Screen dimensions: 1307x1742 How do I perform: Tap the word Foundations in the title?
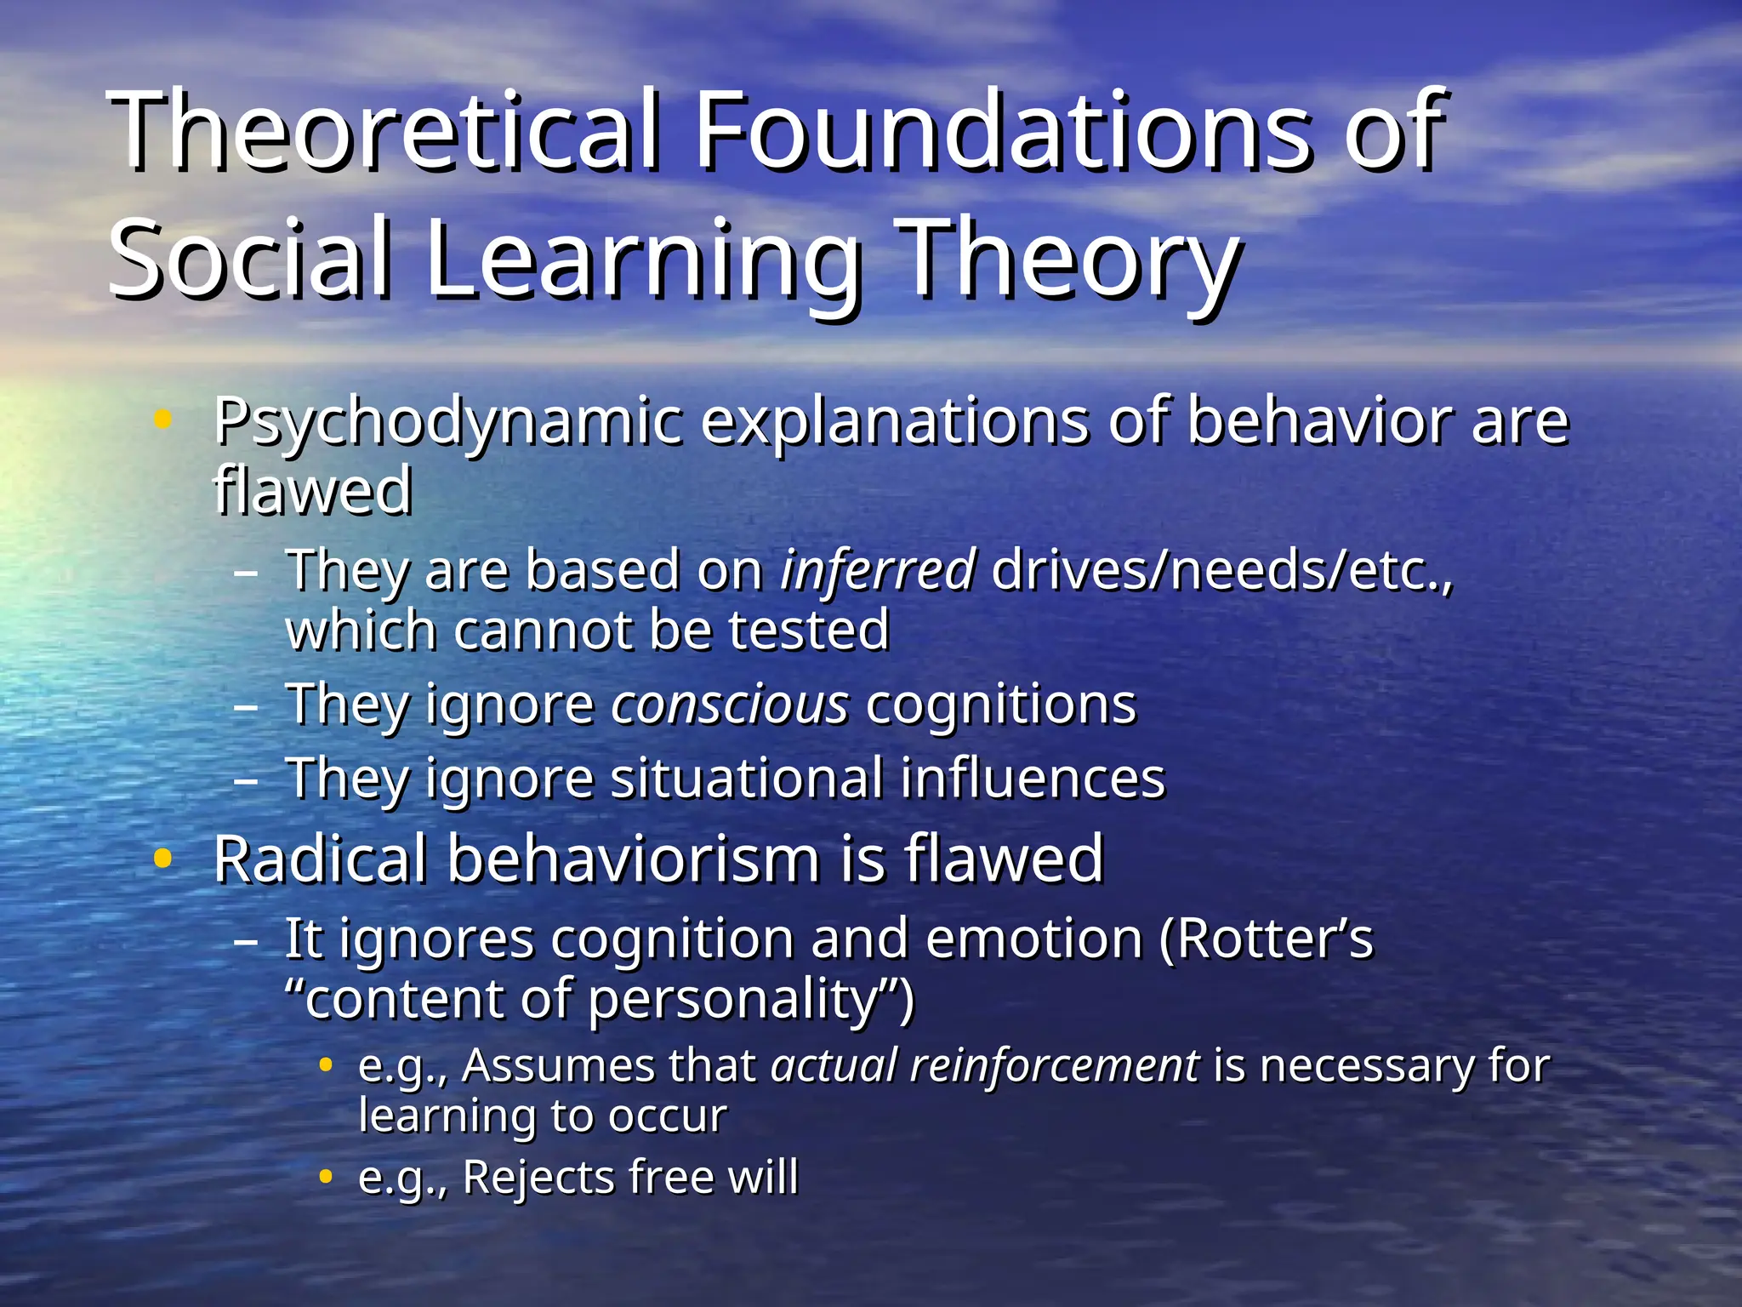coord(1004,129)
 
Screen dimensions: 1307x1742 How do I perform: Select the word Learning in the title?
coord(643,260)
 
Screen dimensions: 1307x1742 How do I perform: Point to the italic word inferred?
coord(877,569)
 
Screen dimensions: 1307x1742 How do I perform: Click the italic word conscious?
coord(730,705)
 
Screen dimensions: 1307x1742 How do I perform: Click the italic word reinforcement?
coord(1054,1065)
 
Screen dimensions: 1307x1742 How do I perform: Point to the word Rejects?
coord(539,1178)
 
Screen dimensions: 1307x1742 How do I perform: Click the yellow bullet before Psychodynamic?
coord(162,419)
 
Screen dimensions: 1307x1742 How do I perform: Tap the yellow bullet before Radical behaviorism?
coord(162,859)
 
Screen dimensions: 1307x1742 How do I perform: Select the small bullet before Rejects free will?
coord(325,1177)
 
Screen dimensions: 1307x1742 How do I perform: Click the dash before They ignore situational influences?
coord(245,779)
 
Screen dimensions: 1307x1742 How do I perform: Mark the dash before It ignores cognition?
coord(245,941)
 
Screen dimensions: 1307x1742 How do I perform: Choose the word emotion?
coord(1033,939)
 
